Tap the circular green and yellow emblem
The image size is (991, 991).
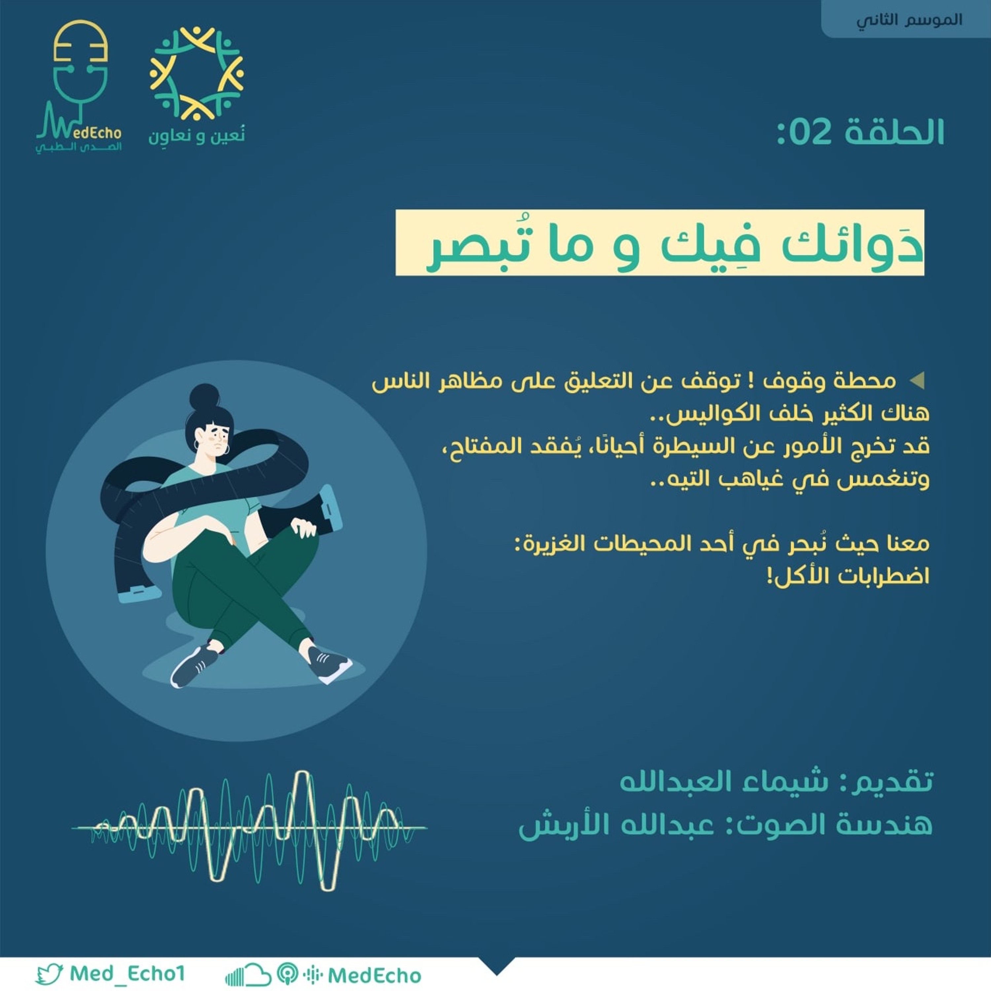pos(197,73)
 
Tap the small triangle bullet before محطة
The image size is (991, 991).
pos(917,380)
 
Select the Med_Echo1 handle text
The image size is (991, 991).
pos(127,973)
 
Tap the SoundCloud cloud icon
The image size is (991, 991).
pos(248,974)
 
